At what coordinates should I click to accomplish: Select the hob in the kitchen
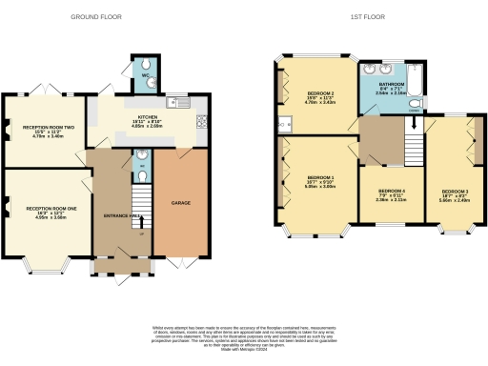pyautogui.click(x=200, y=121)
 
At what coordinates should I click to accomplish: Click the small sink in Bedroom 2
pyautogui.click(x=284, y=123)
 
